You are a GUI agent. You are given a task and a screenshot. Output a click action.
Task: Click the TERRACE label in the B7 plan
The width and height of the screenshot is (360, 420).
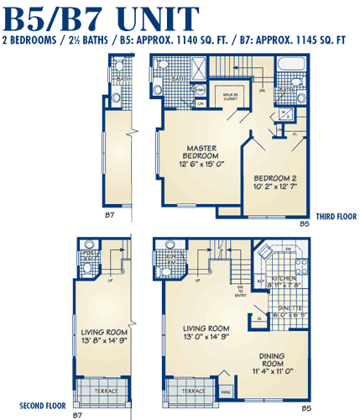click(102, 391)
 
